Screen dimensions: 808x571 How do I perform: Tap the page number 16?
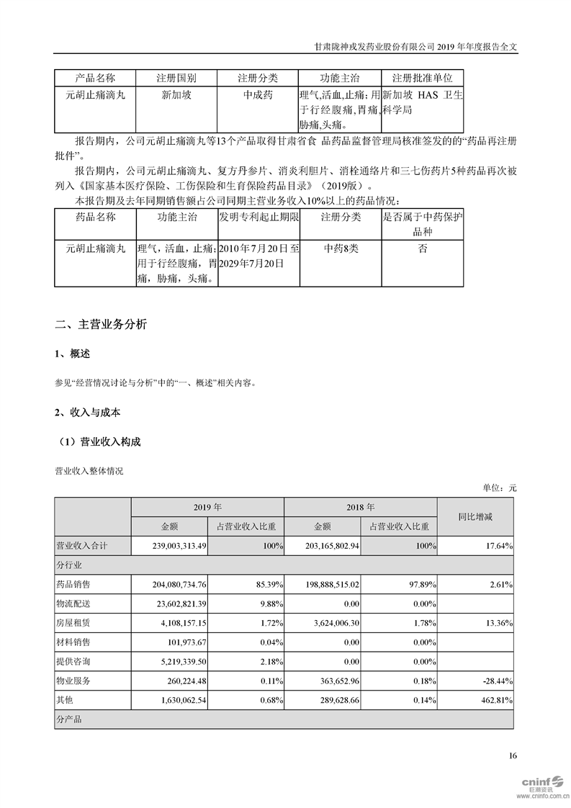click(x=512, y=755)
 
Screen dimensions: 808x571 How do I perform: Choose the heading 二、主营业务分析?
click(x=101, y=325)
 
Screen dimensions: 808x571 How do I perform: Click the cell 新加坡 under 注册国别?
click(x=175, y=94)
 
